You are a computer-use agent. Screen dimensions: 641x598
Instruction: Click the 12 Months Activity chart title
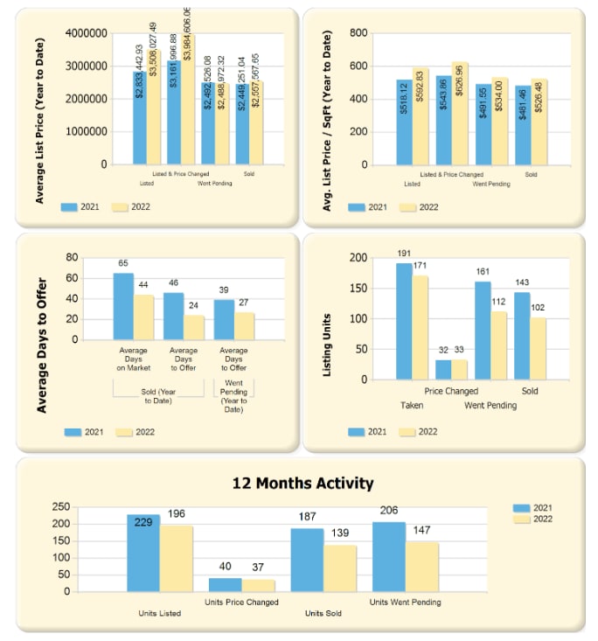coord(302,483)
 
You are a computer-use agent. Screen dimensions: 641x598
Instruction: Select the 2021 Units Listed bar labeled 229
coord(143,553)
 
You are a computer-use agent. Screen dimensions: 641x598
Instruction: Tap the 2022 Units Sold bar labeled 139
coord(340,568)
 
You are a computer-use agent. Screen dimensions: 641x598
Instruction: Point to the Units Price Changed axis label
coord(241,602)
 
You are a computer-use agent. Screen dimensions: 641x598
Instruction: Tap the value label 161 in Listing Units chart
coord(483,271)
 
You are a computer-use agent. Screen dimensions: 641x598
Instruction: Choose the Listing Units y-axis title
coord(328,345)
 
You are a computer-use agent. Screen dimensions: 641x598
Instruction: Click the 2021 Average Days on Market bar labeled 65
coord(123,306)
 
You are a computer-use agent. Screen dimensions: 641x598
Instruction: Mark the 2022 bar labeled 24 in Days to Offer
coord(193,327)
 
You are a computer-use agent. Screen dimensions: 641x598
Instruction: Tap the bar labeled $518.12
coord(403,122)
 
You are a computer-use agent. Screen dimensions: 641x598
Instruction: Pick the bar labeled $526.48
coord(539,122)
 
